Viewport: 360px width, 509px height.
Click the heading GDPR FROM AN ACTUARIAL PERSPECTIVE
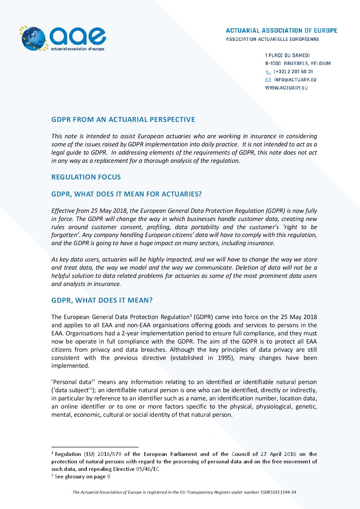(x=123, y=120)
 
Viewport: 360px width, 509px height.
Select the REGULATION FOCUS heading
(x=86, y=177)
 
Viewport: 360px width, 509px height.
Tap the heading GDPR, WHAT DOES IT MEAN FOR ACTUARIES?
(x=126, y=194)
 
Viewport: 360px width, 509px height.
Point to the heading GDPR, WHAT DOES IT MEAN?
(x=102, y=300)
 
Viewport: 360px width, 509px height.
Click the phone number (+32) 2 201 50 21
(x=293, y=71)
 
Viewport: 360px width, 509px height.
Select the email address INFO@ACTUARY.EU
(x=295, y=80)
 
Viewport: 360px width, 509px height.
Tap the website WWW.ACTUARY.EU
(x=286, y=88)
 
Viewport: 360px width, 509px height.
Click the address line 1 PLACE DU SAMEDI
(x=287, y=55)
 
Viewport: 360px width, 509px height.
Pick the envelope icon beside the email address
(x=268, y=80)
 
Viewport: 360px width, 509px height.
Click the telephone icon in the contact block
(x=268, y=72)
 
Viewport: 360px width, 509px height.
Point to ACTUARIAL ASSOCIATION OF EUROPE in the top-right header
(x=281, y=31)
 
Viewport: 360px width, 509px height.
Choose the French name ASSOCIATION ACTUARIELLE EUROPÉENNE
(x=272, y=39)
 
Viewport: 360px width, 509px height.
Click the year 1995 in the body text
(x=225, y=358)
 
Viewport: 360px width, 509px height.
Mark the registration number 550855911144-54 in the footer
(x=278, y=492)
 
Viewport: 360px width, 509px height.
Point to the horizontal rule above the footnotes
(x=95, y=447)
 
